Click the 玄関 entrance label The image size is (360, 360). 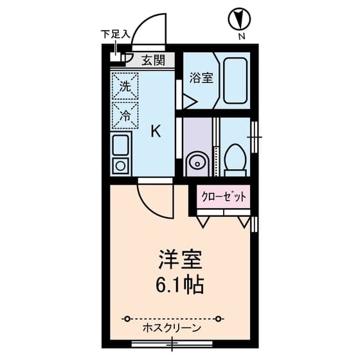point(152,60)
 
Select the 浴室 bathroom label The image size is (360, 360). point(201,78)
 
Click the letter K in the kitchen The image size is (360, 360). point(156,131)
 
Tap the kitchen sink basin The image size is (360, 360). point(120,146)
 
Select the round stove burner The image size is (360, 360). point(120,167)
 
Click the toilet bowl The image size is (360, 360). point(235,157)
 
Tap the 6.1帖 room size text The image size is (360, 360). point(181,283)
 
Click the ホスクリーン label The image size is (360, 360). point(172,328)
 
